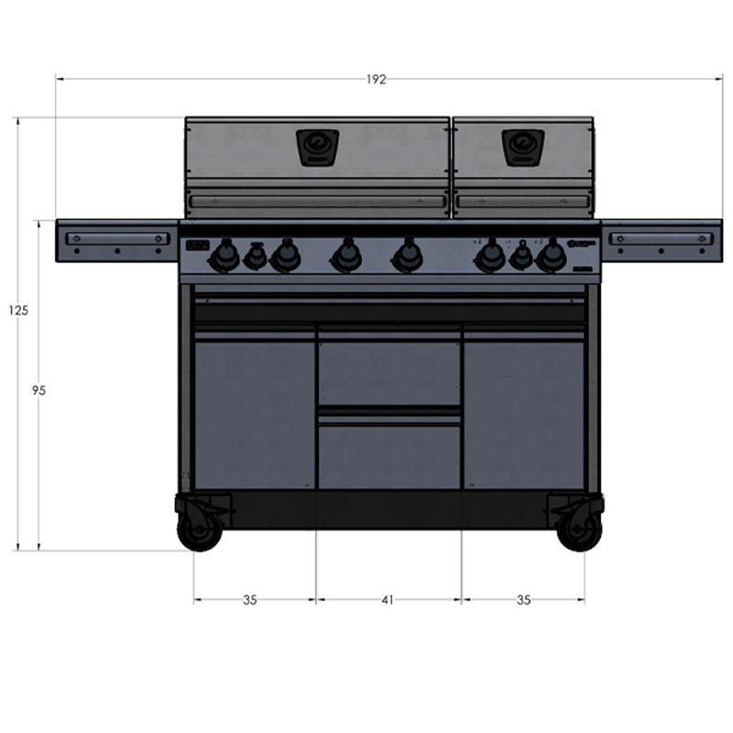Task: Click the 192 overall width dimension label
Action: pos(376,80)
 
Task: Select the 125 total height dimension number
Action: pos(18,311)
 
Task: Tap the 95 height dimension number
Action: pos(38,390)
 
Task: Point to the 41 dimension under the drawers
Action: pos(388,600)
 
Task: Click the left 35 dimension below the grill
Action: pos(249,600)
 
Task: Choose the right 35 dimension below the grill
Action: pos(523,600)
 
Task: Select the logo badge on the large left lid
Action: pos(317,147)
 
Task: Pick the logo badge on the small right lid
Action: pos(523,147)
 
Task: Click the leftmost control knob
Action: pos(224,257)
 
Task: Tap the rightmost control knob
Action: pos(551,257)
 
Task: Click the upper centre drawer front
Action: pos(388,372)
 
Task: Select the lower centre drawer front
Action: pos(388,454)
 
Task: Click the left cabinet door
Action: pos(255,412)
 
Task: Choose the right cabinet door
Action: pos(523,412)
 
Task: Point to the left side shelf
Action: pos(116,240)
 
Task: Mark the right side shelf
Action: pos(661,240)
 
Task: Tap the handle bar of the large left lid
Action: pos(317,202)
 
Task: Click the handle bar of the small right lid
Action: pos(523,202)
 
